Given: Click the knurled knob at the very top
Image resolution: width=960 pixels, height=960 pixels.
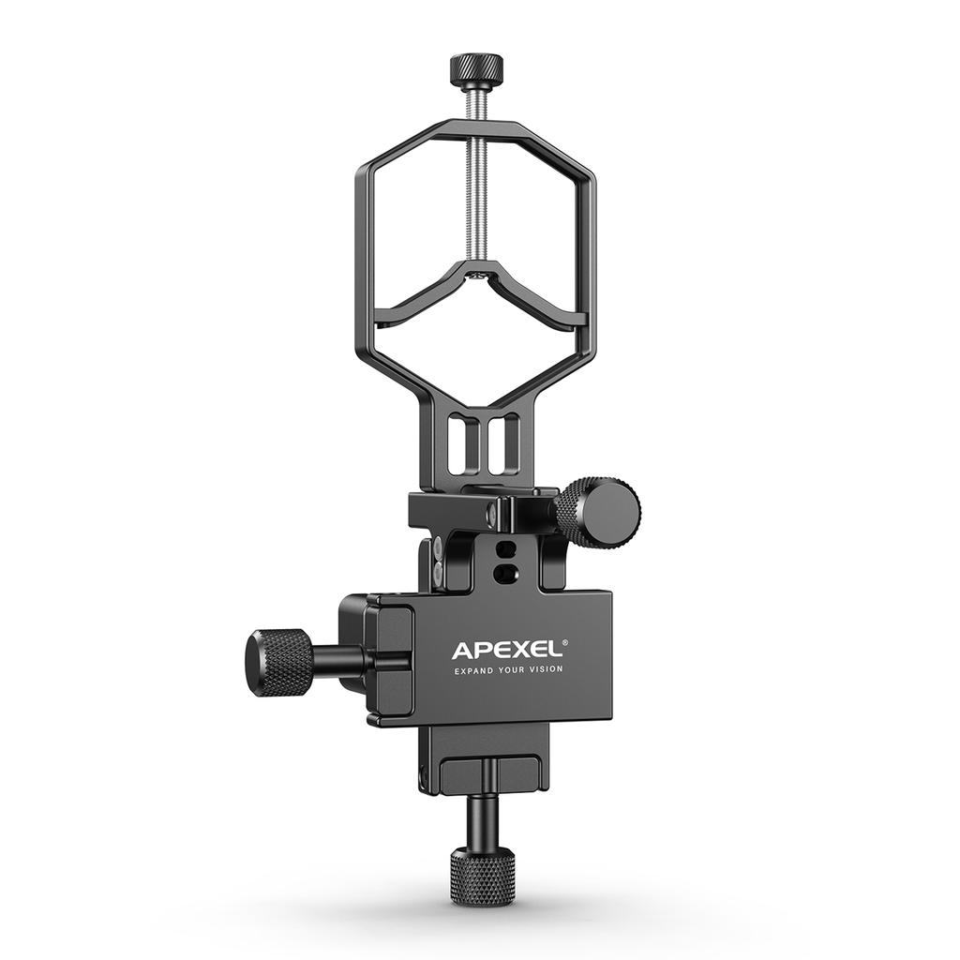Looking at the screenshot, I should (x=475, y=68).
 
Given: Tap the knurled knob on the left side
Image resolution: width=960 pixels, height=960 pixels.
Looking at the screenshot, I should (x=278, y=662).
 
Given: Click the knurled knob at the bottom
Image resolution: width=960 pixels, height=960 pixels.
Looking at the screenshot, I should (x=482, y=875).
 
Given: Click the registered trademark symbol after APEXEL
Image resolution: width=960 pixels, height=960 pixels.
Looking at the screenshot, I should (x=564, y=642).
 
